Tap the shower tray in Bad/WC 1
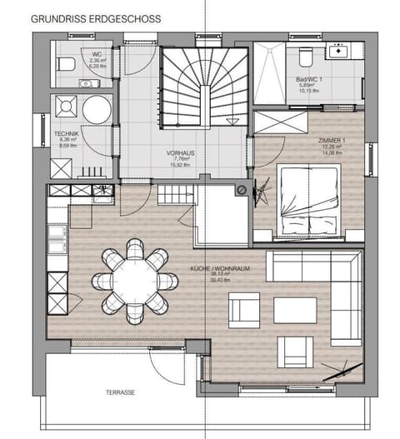coord(270,74)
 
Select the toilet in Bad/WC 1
coord(305,55)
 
